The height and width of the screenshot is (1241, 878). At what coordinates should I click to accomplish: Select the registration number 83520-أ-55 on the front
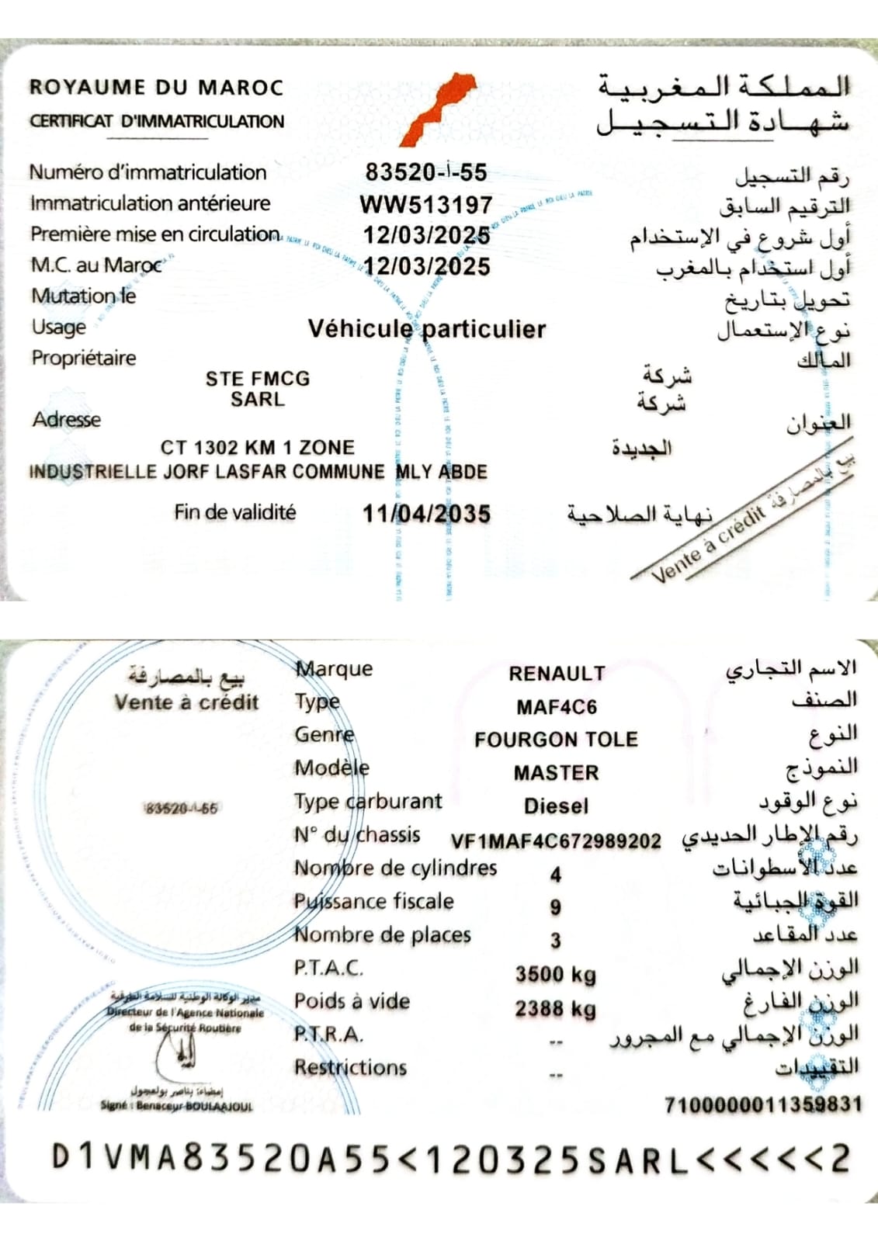tap(426, 172)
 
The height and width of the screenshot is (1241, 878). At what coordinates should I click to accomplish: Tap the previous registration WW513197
tap(426, 205)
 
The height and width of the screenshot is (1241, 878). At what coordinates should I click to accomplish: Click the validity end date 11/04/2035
tap(426, 514)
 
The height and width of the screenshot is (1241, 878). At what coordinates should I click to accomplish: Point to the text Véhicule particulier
tap(427, 329)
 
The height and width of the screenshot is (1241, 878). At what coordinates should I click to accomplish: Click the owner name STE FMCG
tap(258, 379)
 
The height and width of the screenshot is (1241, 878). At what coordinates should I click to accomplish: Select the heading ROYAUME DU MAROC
tap(156, 87)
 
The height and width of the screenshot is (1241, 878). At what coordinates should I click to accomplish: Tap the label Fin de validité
tap(234, 512)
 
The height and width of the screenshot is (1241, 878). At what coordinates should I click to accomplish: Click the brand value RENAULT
tap(557, 674)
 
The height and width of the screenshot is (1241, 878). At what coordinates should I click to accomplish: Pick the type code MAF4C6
tap(557, 707)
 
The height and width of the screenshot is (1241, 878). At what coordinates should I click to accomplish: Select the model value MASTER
tap(557, 773)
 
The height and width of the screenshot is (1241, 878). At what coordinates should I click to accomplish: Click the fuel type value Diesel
tap(557, 806)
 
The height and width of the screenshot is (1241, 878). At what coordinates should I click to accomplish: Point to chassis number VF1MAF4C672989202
tap(556, 841)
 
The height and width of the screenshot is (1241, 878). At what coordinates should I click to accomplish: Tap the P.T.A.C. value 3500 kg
tap(556, 974)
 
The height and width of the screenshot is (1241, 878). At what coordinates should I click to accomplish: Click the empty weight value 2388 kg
tap(556, 1008)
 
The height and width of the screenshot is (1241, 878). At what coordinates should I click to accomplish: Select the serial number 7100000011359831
tap(762, 1104)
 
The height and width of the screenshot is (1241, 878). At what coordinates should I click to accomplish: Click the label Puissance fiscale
tap(373, 901)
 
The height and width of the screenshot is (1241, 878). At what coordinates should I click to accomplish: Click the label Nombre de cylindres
tap(395, 868)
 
